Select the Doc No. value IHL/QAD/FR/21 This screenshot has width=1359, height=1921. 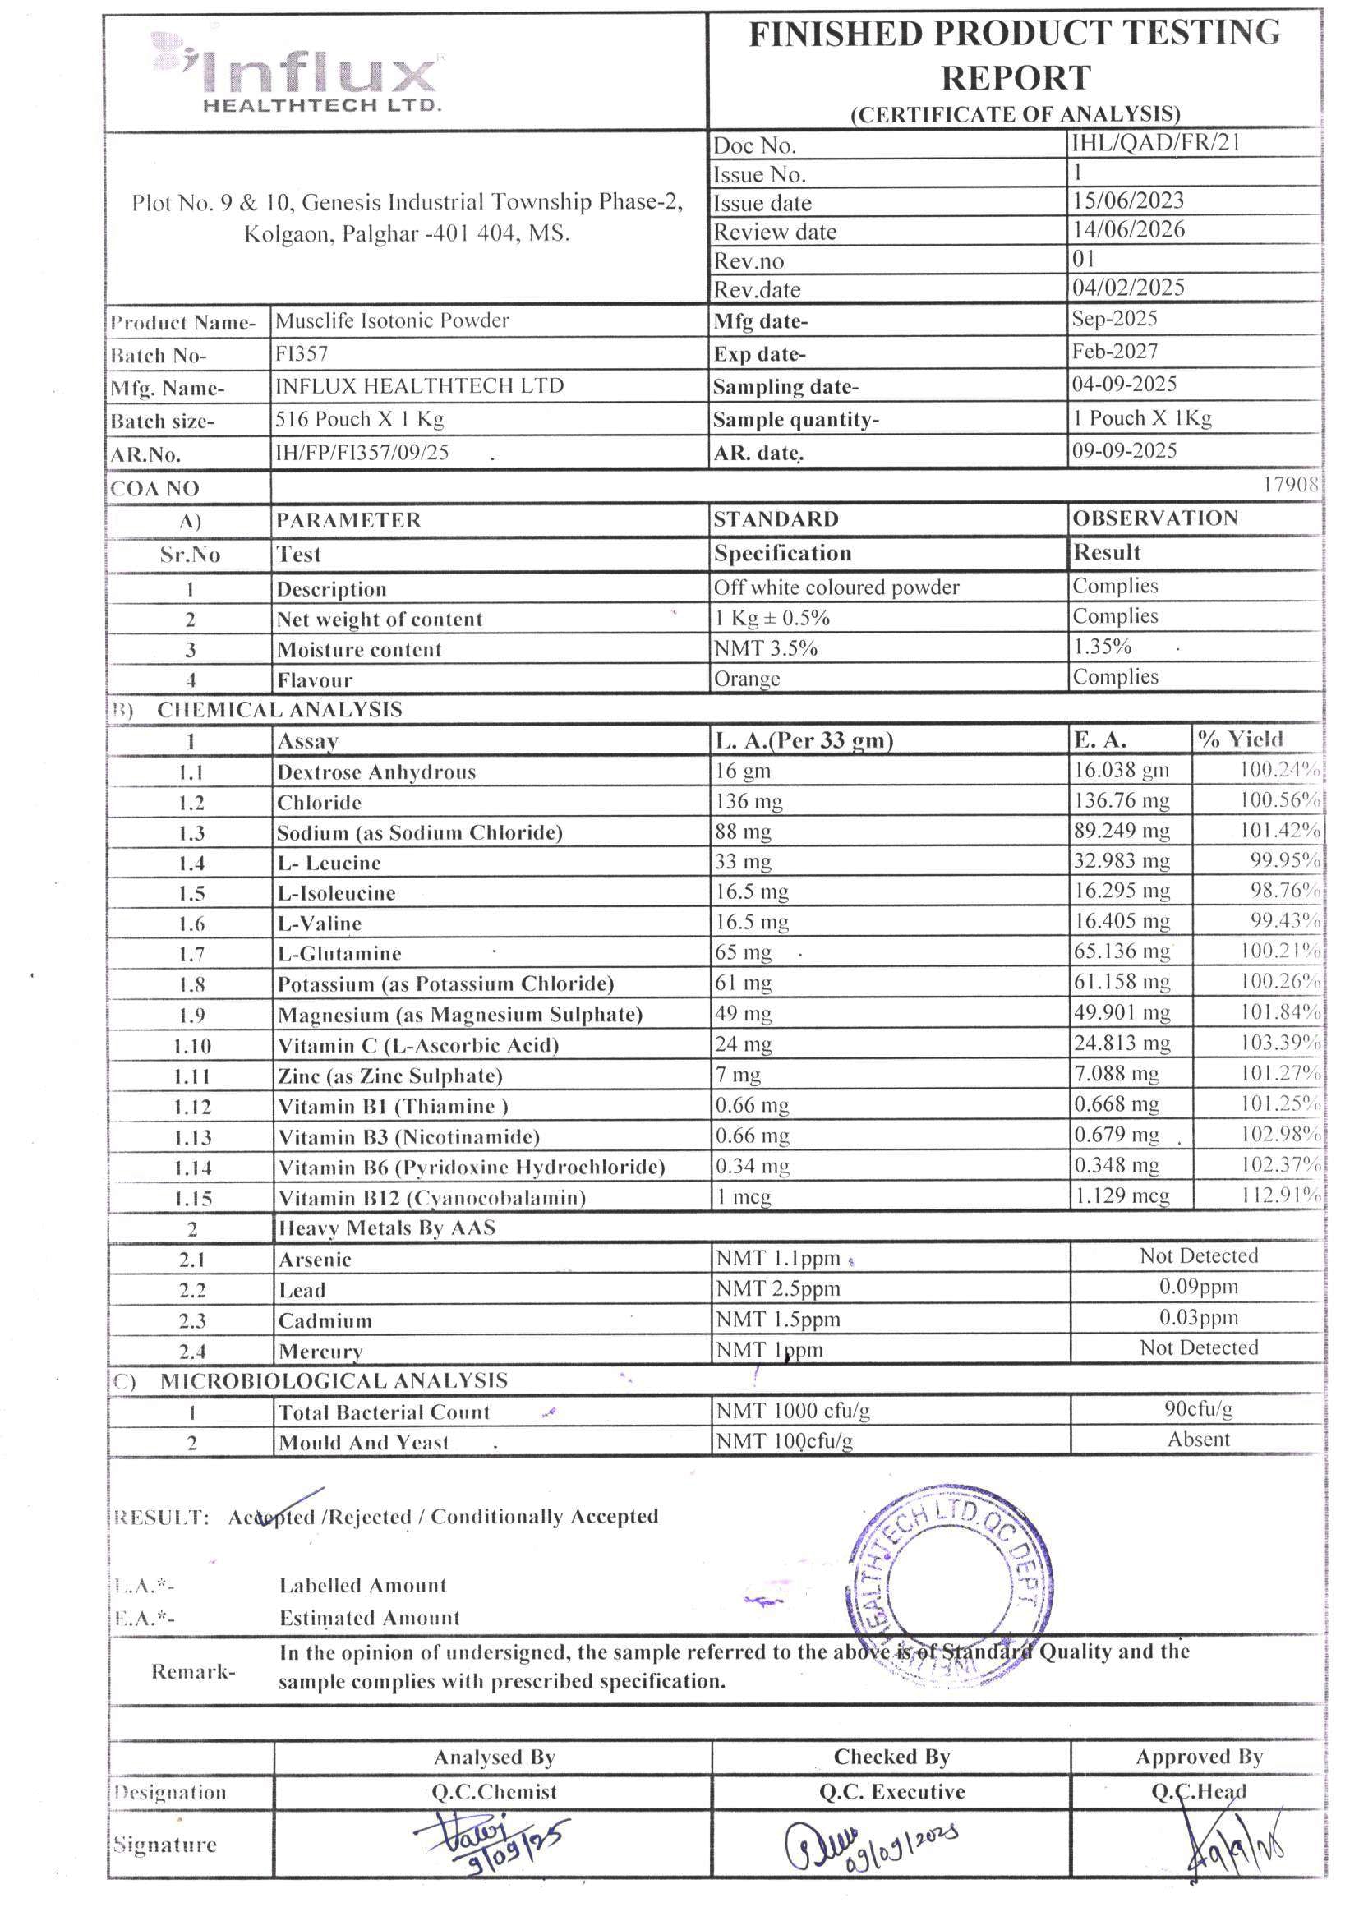[1154, 142]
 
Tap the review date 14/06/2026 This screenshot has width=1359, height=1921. [1128, 229]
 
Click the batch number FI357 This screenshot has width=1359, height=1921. [302, 354]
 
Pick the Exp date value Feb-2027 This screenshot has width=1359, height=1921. [1115, 352]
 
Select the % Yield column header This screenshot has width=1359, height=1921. [1239, 739]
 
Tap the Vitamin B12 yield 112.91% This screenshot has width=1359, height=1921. [1279, 1195]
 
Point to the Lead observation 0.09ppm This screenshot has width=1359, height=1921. [1197, 1287]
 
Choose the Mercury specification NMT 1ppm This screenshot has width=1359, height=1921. [769, 1350]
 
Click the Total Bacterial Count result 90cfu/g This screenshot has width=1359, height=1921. [1197, 1409]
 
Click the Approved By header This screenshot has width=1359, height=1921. [1198, 1757]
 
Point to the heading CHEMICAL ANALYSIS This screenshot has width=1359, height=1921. [279, 710]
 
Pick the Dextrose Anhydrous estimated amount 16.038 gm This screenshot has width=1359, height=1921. [1122, 770]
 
